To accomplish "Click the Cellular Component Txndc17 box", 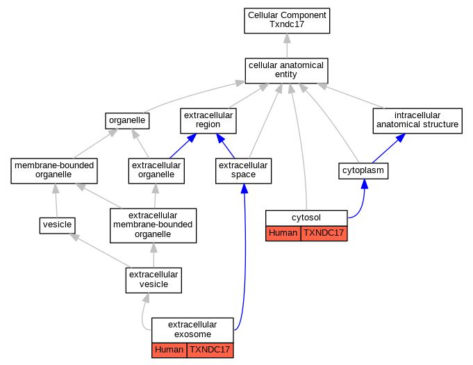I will click(x=286, y=20).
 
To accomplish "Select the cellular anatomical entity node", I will click(x=286, y=70).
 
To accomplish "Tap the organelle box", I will click(x=128, y=120).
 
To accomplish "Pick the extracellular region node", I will click(x=208, y=120).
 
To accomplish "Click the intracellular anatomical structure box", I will click(x=417, y=120).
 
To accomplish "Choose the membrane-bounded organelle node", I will click(x=53, y=170).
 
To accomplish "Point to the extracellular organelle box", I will click(x=156, y=170).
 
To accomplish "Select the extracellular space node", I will click(x=243, y=170).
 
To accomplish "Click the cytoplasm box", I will click(x=363, y=170).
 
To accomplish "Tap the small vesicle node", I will click(x=56, y=225).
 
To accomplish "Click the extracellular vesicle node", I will click(x=153, y=279).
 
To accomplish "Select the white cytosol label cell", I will click(x=306, y=217).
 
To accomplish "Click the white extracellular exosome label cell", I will click(x=192, y=330).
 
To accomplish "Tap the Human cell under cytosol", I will click(x=283, y=233).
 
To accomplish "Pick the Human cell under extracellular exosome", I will click(x=169, y=350).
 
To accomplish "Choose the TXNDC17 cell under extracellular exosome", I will click(x=210, y=350).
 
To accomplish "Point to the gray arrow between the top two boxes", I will click(x=286, y=46).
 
